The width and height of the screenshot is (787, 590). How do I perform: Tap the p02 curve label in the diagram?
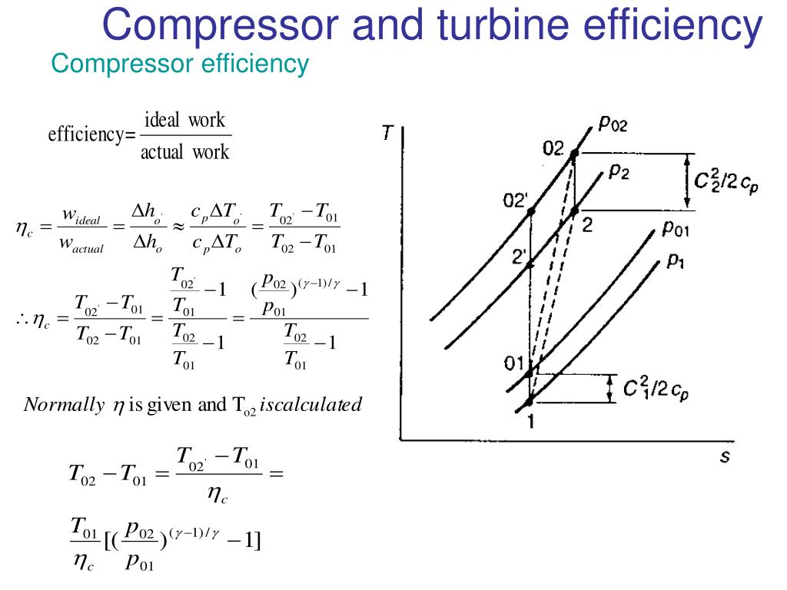[x=612, y=124]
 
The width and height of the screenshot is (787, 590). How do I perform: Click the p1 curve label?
[x=676, y=261]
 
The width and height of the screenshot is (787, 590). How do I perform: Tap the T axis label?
[x=390, y=134]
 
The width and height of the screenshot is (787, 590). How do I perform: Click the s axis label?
[x=724, y=456]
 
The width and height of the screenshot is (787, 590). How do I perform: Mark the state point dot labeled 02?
[x=574, y=154]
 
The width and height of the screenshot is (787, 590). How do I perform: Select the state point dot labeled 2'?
[x=530, y=265]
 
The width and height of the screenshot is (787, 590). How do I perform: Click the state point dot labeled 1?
[x=529, y=402]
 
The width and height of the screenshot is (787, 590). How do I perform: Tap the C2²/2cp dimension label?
[x=726, y=182]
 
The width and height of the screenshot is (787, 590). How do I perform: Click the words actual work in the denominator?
[x=184, y=152]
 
